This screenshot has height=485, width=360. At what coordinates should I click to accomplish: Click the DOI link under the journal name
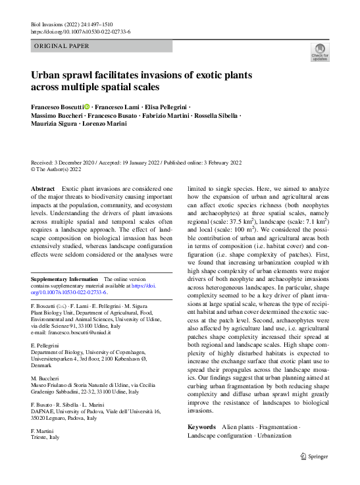coord(80,32)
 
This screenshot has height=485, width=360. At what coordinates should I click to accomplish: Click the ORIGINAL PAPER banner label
coord(63,46)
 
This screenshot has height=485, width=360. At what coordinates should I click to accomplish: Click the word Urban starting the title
coord(49,75)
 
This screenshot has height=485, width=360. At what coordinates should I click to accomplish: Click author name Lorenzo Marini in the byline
coord(105,124)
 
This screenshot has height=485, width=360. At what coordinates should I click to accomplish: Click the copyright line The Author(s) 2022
coord(60,170)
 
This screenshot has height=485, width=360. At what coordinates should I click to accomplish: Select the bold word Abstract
coord(43,188)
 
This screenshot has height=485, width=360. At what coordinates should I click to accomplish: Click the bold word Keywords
coord(201,427)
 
